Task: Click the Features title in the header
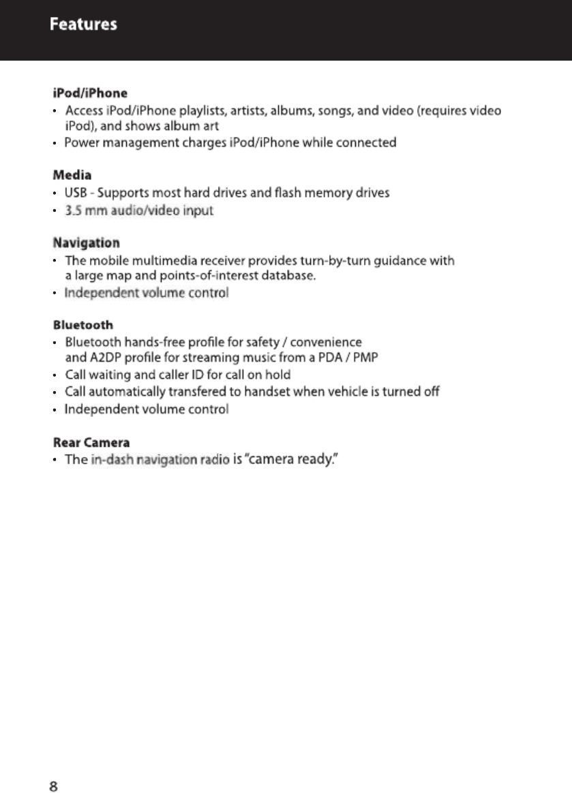pos(83,25)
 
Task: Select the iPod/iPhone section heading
pos(90,93)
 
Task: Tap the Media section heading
pos(72,176)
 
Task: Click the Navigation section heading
pos(87,243)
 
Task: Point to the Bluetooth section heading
pos(83,325)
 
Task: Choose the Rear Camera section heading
pos(91,443)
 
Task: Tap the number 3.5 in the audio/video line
pos(73,211)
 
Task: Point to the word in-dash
pos(112,460)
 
